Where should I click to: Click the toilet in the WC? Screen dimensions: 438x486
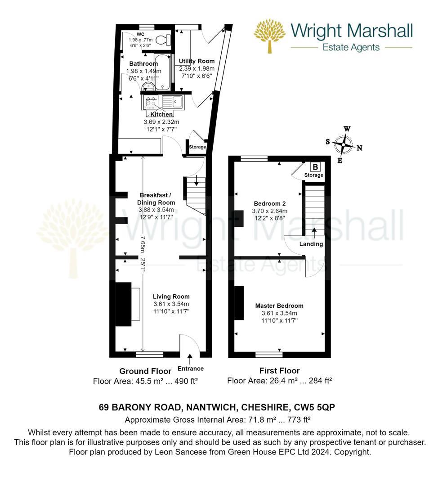pyautogui.click(x=163, y=39)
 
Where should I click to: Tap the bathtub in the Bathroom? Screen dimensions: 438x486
pyautogui.click(x=162, y=72)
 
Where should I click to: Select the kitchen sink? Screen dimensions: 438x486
pyautogui.click(x=173, y=102)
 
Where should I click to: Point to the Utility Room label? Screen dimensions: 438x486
pyautogui.click(x=197, y=61)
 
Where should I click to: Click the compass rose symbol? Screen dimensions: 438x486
pyautogui.click(x=343, y=145)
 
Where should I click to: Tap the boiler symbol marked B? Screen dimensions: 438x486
pyautogui.click(x=315, y=167)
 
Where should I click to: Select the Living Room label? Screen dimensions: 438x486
pyautogui.click(x=171, y=297)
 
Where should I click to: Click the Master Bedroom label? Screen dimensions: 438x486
pyautogui.click(x=279, y=306)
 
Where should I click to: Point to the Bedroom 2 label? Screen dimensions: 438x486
pyautogui.click(x=270, y=204)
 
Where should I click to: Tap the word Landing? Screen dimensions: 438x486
pyautogui.click(x=311, y=244)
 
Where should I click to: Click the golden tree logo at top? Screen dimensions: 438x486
pyautogui.click(x=270, y=36)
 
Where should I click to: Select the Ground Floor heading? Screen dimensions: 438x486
pyautogui.click(x=145, y=371)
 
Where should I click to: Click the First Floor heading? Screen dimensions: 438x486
pyautogui.click(x=279, y=371)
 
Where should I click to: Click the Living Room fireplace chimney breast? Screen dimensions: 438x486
pyautogui.click(x=123, y=304)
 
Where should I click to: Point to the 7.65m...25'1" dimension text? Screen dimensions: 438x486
pyautogui.click(x=143, y=254)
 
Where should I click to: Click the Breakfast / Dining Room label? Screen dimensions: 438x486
pyautogui.click(x=156, y=199)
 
